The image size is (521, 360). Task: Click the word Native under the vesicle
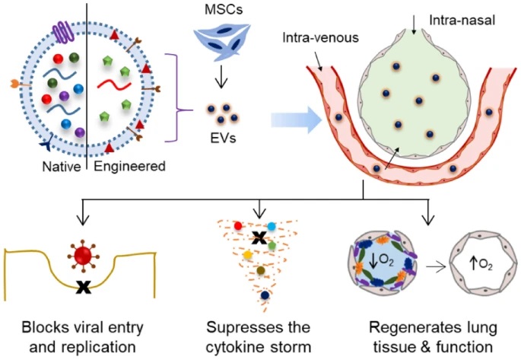click(62, 165)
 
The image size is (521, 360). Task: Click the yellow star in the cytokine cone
click(248, 251)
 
